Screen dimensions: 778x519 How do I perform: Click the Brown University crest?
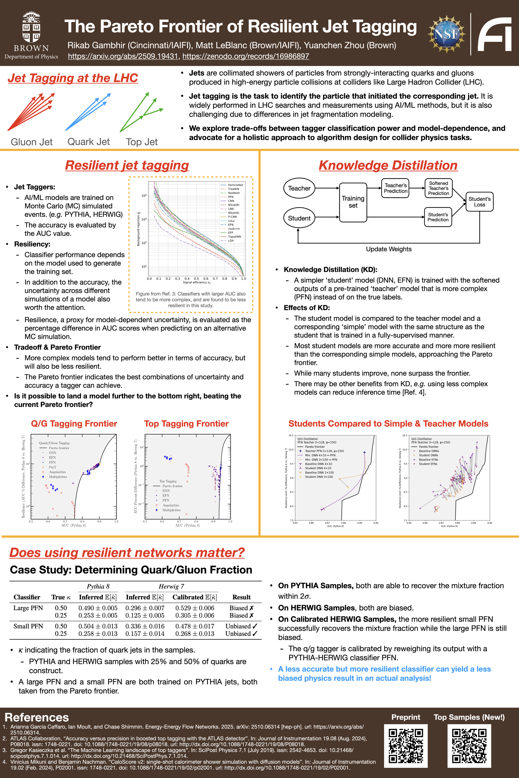[x=31, y=28]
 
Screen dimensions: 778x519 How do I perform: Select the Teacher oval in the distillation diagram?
[x=299, y=188]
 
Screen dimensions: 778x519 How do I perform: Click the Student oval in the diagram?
[x=299, y=218]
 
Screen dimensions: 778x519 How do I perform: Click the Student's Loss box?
[x=479, y=202]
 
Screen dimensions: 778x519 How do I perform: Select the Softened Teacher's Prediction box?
[x=438, y=188]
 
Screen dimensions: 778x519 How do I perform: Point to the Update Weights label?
[x=389, y=249]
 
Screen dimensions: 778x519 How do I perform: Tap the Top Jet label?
[x=142, y=142]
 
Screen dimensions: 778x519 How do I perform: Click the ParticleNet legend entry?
[x=235, y=185]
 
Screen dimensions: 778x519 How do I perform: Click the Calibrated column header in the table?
[x=195, y=597]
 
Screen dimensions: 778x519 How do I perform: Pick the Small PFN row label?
[x=28, y=626]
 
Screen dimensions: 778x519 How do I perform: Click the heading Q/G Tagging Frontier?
[x=74, y=424]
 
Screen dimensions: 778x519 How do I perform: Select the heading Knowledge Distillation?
[x=388, y=165]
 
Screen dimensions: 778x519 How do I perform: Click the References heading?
[x=37, y=717]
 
